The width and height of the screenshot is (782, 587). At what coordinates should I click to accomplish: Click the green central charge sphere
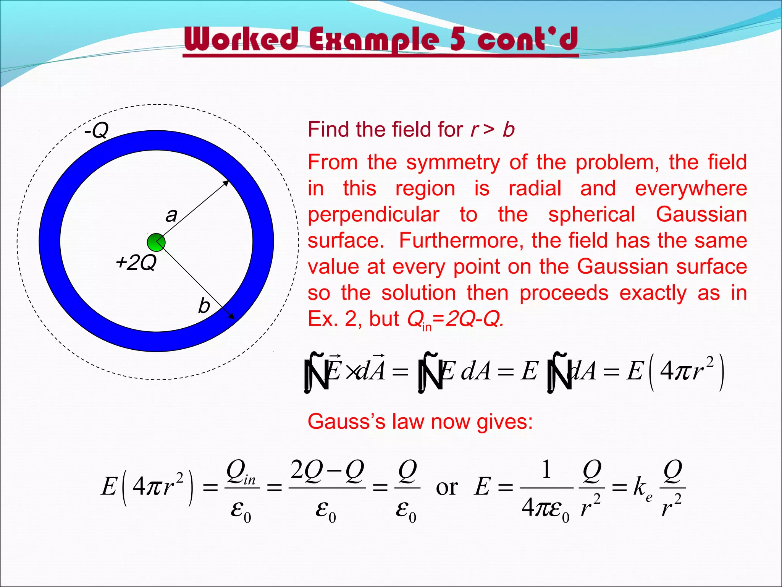[156, 242]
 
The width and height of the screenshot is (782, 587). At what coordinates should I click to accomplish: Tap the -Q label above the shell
[97, 130]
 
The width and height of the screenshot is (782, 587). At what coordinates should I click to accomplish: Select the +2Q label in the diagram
[136, 263]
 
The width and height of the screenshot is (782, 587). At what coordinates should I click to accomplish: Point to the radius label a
[171, 215]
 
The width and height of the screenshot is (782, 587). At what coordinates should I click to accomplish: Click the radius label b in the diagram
[204, 306]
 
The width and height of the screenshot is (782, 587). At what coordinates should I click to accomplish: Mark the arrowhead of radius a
[226, 183]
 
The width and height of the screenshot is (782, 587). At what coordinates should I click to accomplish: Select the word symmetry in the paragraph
[453, 162]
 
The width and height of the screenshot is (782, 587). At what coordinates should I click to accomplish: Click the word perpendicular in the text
[373, 214]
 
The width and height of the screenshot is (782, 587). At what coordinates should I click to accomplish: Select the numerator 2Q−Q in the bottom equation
[327, 470]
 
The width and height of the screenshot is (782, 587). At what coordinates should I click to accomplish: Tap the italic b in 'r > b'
[509, 130]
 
